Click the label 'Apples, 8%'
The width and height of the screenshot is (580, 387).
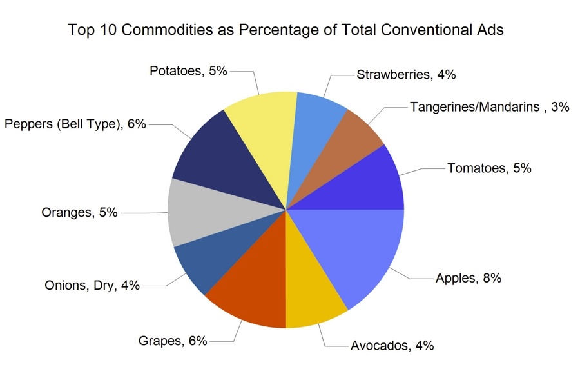[468, 279]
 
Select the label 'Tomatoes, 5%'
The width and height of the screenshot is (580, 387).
[488, 168]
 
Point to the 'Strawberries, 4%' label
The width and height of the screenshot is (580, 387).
[405, 74]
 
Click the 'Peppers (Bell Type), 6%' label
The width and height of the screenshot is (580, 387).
[75, 124]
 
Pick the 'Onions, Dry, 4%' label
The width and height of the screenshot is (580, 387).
[92, 285]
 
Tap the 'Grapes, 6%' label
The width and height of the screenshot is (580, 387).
[172, 341]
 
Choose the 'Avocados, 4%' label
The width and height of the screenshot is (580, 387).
[392, 345]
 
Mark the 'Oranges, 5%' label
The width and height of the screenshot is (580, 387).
[79, 212]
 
